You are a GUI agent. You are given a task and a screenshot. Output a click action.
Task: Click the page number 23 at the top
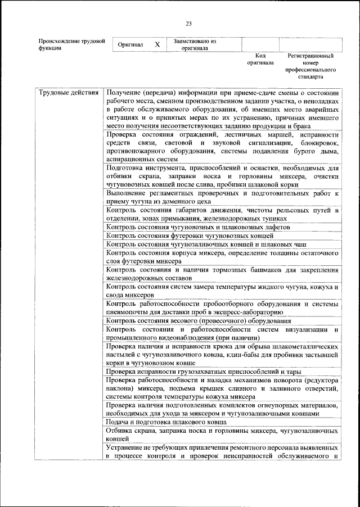point(188,23)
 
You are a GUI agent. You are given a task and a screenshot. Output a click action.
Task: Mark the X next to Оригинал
point(157,44)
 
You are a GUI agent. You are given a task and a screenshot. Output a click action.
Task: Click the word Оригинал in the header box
point(130,44)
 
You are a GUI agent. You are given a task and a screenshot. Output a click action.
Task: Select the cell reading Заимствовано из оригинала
point(195,44)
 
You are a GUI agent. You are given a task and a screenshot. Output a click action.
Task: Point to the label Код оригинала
point(260,60)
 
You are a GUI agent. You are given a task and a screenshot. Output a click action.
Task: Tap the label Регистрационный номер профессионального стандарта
point(310,66)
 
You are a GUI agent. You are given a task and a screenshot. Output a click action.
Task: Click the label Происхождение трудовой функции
point(72,44)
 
